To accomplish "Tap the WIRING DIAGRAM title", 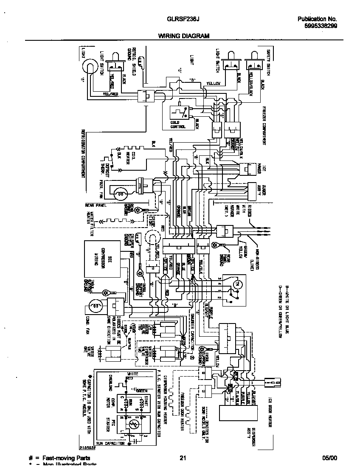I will (x=184, y=37).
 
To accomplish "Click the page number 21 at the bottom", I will (x=183, y=458).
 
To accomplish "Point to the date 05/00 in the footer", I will (x=329, y=458).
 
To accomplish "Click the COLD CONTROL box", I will (x=179, y=118).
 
